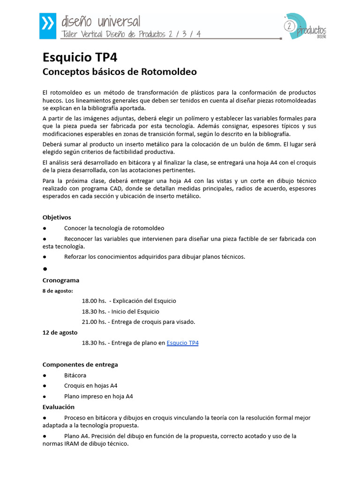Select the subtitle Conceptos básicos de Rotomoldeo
(120, 72)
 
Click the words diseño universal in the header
(101, 21)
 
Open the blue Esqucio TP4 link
(182, 343)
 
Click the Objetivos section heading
(57, 217)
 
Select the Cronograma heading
(61, 280)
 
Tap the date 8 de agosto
(58, 291)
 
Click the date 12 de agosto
(60, 332)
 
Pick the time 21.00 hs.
(94, 322)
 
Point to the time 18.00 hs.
(94, 301)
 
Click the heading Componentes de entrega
(80, 364)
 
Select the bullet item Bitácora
(75, 375)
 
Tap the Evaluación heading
(59, 407)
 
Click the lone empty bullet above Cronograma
(45, 269)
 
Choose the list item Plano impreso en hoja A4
(98, 397)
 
